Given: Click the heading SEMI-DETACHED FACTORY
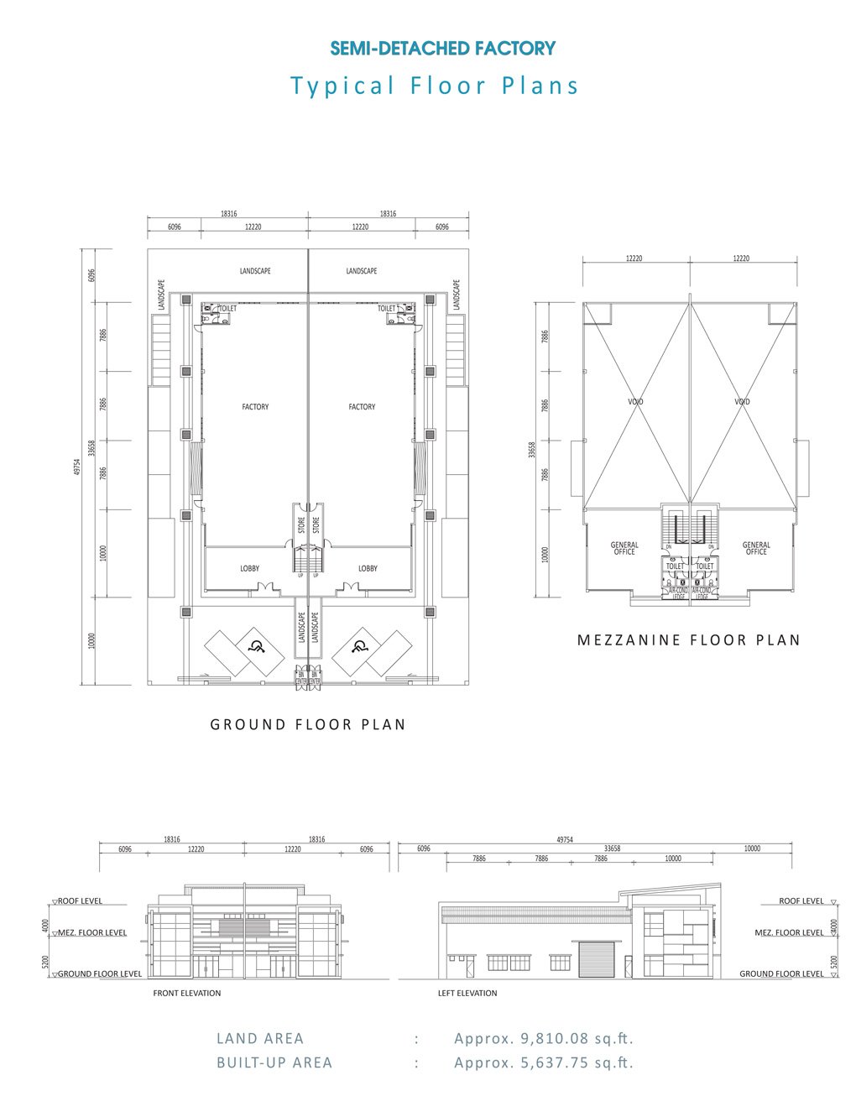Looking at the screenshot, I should [x=443, y=49].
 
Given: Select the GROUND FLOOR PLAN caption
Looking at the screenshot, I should [x=308, y=724].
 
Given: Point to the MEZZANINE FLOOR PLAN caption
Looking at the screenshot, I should [x=688, y=640].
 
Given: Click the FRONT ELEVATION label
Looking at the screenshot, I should [x=186, y=993].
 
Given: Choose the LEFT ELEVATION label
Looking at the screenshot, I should [x=467, y=993].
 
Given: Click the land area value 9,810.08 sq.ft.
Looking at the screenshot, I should [x=544, y=1038].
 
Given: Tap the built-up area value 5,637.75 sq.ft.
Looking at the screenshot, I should [x=544, y=1062].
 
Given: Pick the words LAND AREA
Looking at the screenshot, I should [x=260, y=1038].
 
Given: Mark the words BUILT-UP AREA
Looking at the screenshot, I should [x=274, y=1062].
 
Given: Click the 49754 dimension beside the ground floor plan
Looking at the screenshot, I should [x=77, y=467].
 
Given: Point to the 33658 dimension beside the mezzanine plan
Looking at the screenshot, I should [x=532, y=450].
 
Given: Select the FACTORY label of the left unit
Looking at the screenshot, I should [x=255, y=407].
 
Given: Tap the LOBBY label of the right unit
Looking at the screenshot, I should [x=368, y=569].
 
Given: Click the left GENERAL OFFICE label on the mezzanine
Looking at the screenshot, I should [x=624, y=548].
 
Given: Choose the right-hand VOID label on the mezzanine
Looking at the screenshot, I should [x=742, y=402].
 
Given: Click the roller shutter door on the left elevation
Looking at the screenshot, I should [x=595, y=958].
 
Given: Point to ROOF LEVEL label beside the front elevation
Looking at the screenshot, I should [x=81, y=901].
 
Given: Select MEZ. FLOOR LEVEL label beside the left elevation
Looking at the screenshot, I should [x=789, y=932].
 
